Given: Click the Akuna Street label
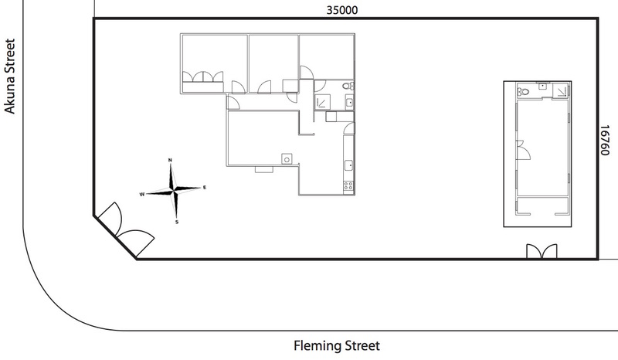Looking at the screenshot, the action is (x=9, y=76).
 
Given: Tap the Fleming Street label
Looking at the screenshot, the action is (x=337, y=346).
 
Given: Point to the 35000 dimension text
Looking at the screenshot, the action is (x=342, y=10).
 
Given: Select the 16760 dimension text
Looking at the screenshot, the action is (x=605, y=141).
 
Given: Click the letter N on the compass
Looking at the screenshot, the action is (x=170, y=160).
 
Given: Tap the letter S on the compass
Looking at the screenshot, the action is (x=177, y=222).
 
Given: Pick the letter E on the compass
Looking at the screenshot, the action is (x=205, y=188).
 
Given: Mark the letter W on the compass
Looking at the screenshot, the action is (x=142, y=195).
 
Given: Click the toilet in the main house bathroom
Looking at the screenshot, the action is (x=348, y=86).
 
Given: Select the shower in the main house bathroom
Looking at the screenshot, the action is (x=322, y=102).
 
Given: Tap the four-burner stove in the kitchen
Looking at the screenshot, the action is (x=348, y=185).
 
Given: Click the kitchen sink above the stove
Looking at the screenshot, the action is (x=349, y=165).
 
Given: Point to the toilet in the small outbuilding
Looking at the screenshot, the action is (x=523, y=91).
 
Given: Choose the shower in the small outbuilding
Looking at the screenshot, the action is (x=561, y=90).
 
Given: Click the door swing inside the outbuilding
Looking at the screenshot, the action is (x=525, y=149).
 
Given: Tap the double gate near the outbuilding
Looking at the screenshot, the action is (x=542, y=251).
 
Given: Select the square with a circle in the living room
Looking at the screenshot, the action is (x=287, y=159).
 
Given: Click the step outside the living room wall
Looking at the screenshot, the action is (x=264, y=169).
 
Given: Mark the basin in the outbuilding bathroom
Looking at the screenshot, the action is (x=543, y=86).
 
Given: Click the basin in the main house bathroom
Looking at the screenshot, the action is (x=349, y=103).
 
